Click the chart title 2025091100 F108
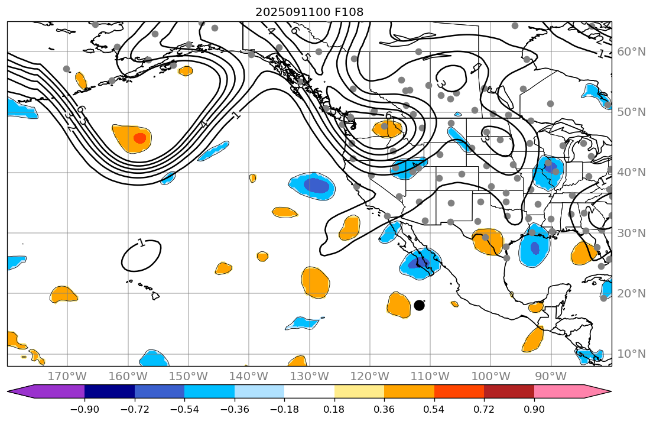pos(309,12)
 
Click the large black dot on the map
pos(420,305)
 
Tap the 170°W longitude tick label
pos(67,377)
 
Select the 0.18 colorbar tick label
pos(334,410)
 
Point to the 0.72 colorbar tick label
pos(484,410)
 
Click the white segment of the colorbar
pos(309,391)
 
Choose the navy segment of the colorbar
pos(109,391)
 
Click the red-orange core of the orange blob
pos(139,138)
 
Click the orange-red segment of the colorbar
pos(459,391)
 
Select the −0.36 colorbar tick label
pos(235,410)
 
